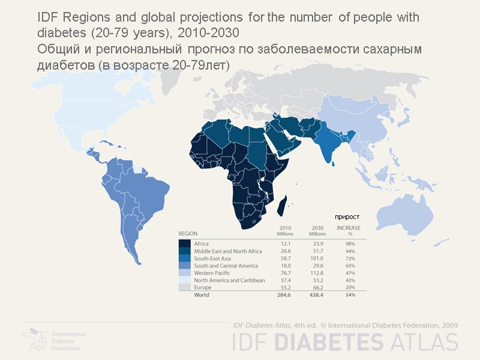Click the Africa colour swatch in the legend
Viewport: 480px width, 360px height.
tap(185, 244)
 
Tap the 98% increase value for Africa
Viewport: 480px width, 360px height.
tap(350, 244)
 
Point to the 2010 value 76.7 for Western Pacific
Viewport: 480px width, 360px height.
tap(284, 273)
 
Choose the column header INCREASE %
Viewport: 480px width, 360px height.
tap(349, 231)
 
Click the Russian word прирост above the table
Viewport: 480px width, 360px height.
tap(347, 216)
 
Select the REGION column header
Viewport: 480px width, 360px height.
tap(188, 233)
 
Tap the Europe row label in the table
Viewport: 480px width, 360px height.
tap(202, 287)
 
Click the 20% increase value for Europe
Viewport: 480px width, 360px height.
tap(350, 287)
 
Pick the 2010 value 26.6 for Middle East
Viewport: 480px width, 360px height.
tap(284, 251)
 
